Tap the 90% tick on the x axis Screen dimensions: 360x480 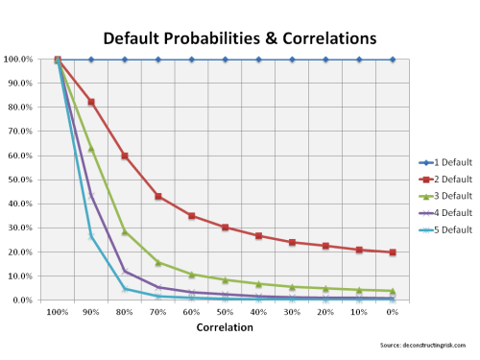point(91,313)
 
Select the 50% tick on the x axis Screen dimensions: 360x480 point(225,313)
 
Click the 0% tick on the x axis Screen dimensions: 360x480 point(393,313)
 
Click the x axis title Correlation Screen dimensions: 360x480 point(225,327)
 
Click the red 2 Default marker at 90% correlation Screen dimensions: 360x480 point(91,102)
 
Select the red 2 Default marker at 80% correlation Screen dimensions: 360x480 point(125,156)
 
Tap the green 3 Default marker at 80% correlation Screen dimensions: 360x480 point(125,231)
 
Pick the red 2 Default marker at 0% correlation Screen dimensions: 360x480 point(393,252)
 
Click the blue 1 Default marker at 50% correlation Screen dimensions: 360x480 point(225,60)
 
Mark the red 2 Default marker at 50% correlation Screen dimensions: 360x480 point(225,228)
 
